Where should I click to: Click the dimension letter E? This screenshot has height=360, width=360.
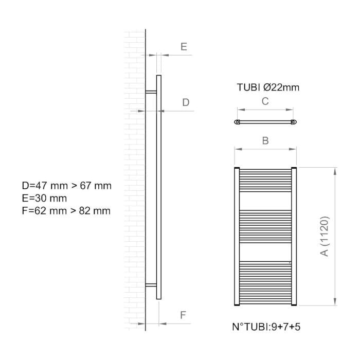pos(184,47)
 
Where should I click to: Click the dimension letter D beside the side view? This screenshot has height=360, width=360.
pos(186,102)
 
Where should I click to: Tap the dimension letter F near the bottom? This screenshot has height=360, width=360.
pos(183,315)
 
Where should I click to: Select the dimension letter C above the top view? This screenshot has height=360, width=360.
pos(265,101)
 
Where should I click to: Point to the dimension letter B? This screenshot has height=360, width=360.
pos(265,140)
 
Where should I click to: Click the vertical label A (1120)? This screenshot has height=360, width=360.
pos(325,236)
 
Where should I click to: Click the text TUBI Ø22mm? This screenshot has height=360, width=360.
pos(268,87)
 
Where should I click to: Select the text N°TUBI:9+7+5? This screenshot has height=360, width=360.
pos(266,327)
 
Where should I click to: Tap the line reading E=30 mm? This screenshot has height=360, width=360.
pos(44,199)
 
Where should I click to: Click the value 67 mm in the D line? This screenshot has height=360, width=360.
pos(96,186)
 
